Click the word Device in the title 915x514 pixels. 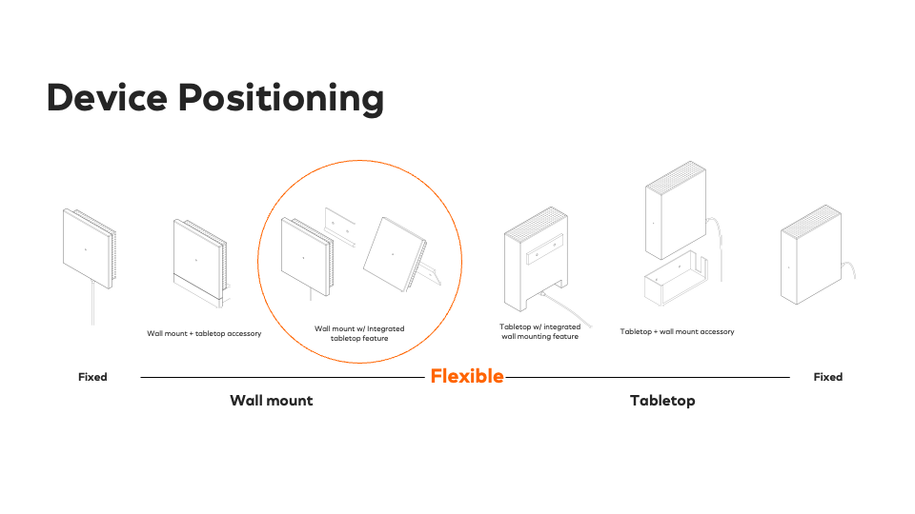108,97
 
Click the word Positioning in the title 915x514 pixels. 281,99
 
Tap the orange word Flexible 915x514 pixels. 467,377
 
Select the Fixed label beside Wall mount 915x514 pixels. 92,377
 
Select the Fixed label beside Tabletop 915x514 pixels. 828,377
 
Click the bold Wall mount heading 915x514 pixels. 272,401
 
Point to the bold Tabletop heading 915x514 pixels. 663,401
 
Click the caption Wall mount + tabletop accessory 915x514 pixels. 204,333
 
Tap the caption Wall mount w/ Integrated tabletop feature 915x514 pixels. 359,333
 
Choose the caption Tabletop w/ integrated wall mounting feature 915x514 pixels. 539,331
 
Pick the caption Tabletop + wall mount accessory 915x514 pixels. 677,331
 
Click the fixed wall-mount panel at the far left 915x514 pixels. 90,248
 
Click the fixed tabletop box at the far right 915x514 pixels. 812,255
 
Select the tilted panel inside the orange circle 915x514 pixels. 396,255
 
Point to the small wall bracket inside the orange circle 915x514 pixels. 340,227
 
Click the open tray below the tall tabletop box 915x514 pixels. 676,279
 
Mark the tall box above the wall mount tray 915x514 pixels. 676,209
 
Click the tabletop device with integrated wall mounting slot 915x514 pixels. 536,259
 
